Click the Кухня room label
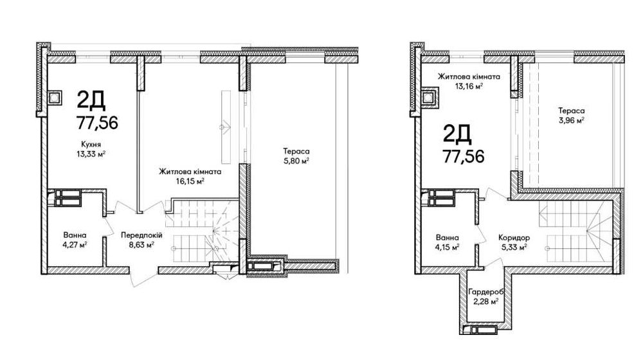click(x=91, y=145)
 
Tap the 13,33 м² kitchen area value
click(x=91, y=154)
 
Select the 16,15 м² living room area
click(x=190, y=181)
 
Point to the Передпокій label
click(x=141, y=235)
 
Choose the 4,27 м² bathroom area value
click(x=75, y=245)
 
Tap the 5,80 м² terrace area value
click(x=296, y=161)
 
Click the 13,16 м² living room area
click(x=469, y=86)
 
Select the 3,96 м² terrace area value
click(x=571, y=120)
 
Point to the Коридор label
click(x=514, y=237)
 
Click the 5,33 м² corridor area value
click(x=514, y=247)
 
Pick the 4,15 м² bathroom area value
click(x=447, y=247)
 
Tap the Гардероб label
click(x=485, y=292)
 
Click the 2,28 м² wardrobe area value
click(x=485, y=301)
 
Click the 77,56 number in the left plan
click(x=97, y=122)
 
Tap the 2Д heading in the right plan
click(x=457, y=134)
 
